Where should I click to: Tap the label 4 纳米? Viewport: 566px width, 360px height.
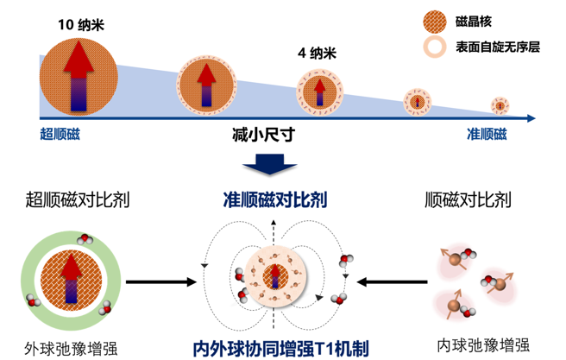tap(316, 53)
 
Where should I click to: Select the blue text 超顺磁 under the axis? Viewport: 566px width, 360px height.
tap(64, 134)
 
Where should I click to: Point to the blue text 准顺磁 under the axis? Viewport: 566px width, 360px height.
tap(487, 134)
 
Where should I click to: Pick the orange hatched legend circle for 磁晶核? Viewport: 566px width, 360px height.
tap(435, 19)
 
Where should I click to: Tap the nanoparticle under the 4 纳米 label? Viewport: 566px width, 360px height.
tap(316, 88)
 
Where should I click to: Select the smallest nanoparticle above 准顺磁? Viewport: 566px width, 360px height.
tap(500, 105)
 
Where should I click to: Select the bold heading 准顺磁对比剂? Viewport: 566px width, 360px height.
tap(276, 202)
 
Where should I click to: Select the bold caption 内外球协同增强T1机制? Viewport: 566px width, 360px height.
tap(281, 349)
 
